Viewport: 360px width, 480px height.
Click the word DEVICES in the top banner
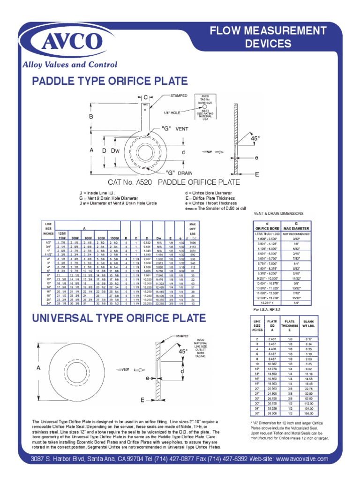[269, 44]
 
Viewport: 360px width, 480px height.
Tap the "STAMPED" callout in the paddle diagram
[179, 95]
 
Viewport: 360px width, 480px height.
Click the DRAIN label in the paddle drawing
[184, 173]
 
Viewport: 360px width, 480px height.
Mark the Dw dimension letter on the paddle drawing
[115, 150]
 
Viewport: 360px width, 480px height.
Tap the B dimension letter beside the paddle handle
[91, 116]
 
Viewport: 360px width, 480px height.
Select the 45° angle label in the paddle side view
[255, 139]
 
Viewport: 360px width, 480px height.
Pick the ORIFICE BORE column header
[267, 228]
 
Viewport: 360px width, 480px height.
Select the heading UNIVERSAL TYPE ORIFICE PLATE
[119, 319]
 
